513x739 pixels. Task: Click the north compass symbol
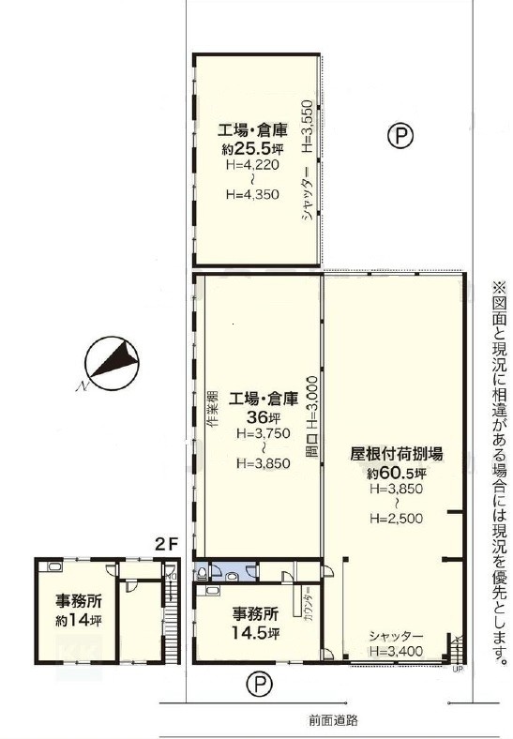click(x=112, y=363)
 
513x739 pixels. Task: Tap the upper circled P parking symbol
click(x=400, y=136)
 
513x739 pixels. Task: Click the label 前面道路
click(x=334, y=719)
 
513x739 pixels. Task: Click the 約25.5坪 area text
click(x=252, y=149)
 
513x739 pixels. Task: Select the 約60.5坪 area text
click(x=397, y=473)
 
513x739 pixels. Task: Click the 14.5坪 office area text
click(x=255, y=632)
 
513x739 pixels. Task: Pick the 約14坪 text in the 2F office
click(x=78, y=620)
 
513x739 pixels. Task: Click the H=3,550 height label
click(x=307, y=126)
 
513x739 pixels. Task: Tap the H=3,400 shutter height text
click(x=396, y=652)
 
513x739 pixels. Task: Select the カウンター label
click(x=308, y=605)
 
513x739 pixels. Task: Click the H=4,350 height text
click(x=252, y=194)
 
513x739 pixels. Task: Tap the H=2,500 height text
click(x=396, y=519)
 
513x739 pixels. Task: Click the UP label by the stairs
click(x=456, y=669)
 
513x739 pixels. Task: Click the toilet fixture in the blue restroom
click(x=202, y=573)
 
